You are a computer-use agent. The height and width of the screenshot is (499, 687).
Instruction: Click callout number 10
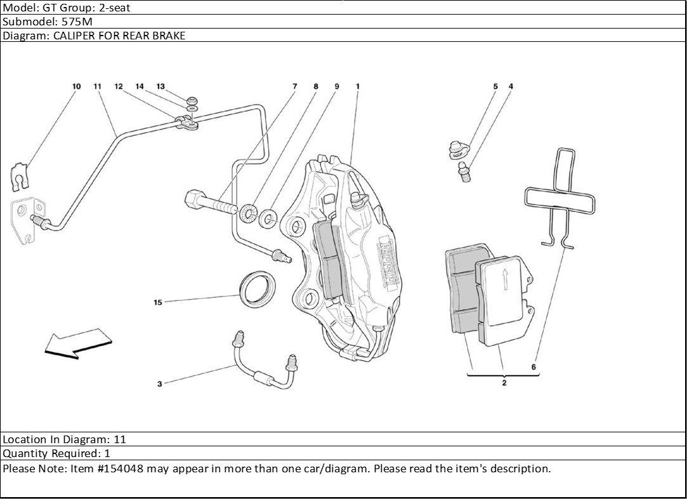coord(76,86)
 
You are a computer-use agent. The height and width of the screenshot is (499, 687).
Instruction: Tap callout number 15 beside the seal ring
coord(158,302)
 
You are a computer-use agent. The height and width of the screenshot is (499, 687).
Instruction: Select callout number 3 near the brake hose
coord(160,383)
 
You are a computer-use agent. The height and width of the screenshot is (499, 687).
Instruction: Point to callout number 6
coord(533,367)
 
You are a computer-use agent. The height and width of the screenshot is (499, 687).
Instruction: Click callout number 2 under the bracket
coord(504,383)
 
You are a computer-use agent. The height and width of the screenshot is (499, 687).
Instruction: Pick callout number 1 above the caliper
coord(358,86)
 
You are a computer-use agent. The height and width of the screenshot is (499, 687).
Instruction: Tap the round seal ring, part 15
coord(258,288)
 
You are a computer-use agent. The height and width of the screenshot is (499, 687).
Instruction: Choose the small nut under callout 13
coord(192,100)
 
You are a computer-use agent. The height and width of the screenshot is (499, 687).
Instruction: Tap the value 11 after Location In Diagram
coord(120,439)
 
